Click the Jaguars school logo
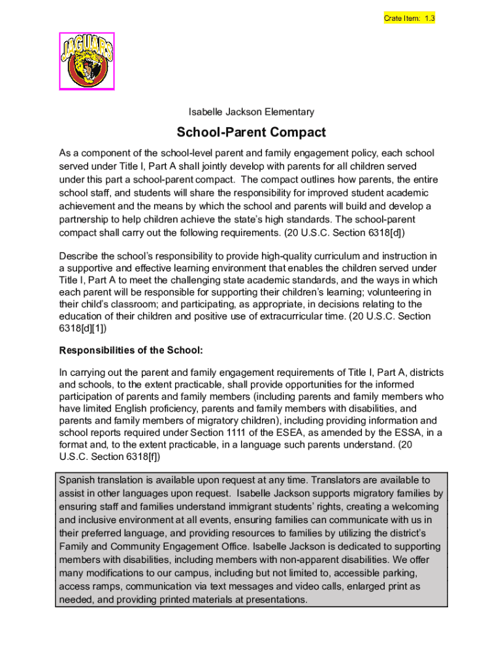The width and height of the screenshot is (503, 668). (88, 61)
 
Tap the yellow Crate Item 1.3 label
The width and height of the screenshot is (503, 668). (409, 18)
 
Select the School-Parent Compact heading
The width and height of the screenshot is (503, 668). (252, 132)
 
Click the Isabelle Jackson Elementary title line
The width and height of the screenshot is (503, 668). (252, 112)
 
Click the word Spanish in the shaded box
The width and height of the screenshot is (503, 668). (76, 480)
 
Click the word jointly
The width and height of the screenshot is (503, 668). (216, 166)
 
